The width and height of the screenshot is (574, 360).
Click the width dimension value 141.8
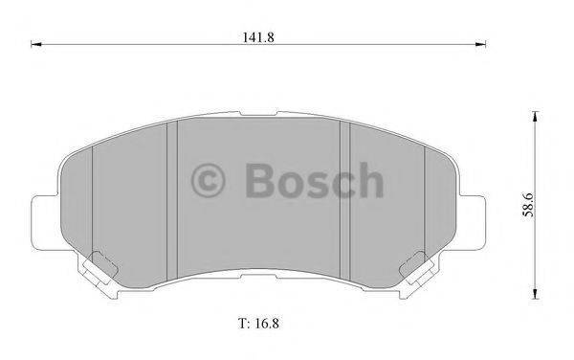tap(256, 36)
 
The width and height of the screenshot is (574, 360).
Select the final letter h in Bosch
tap(369, 180)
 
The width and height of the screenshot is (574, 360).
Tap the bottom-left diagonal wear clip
tap(98, 268)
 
